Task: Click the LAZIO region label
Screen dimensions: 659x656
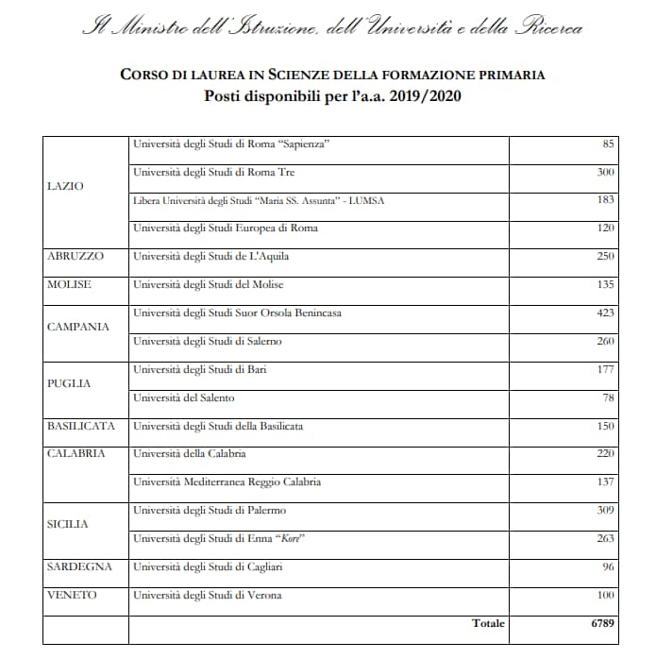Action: pyautogui.click(x=65, y=186)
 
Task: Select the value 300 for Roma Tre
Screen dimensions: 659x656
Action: pyautogui.click(x=606, y=172)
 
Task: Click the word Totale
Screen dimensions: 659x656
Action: pyautogui.click(x=488, y=623)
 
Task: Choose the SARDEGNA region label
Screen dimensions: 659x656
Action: pyautogui.click(x=79, y=566)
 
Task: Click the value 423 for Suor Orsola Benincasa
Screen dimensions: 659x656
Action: pyautogui.click(x=605, y=313)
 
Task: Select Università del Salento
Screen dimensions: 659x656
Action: pyautogui.click(x=184, y=397)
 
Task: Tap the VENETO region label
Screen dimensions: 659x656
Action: pyautogui.click(x=72, y=595)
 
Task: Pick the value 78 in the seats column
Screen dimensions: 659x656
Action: pyautogui.click(x=609, y=397)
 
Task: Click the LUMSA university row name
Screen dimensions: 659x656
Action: pyautogui.click(x=259, y=200)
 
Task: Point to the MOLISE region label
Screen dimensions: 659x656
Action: pyautogui.click(x=69, y=284)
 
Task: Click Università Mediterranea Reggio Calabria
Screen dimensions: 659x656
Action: pyautogui.click(x=227, y=482)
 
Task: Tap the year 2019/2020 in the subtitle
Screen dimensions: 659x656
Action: pyautogui.click(x=427, y=94)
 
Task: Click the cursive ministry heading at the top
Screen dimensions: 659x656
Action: pyautogui.click(x=332, y=26)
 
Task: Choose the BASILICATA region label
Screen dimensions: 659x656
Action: pyautogui.click(x=81, y=426)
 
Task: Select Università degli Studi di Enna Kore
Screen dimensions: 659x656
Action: pyautogui.click(x=222, y=538)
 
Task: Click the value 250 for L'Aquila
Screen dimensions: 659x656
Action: pyautogui.click(x=605, y=256)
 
